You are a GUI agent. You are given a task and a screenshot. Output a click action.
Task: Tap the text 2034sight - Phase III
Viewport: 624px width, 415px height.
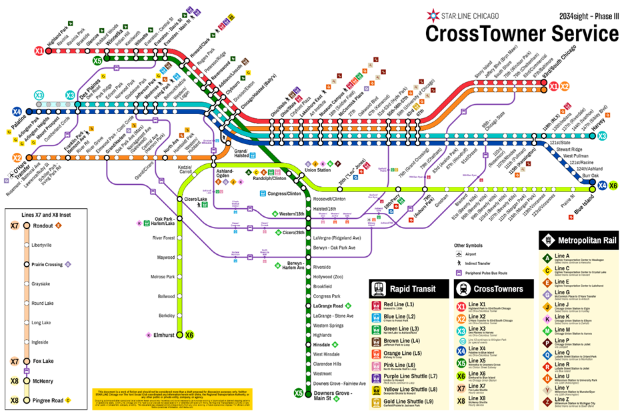585,13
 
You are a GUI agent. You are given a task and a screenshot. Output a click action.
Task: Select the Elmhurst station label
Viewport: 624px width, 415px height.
165,335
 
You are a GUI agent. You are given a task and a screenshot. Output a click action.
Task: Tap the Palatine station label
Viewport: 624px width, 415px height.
29,123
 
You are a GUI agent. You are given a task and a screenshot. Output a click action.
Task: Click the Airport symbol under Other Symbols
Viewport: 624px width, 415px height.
460,255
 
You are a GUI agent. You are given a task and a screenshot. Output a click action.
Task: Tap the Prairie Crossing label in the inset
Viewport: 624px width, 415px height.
47,264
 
